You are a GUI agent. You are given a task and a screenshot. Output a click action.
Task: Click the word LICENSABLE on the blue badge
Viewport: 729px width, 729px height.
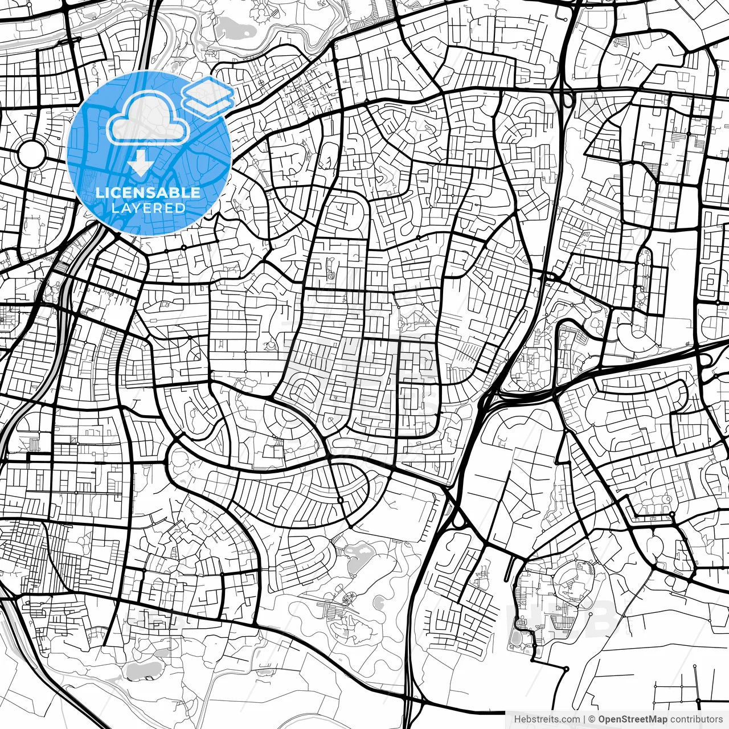(148, 193)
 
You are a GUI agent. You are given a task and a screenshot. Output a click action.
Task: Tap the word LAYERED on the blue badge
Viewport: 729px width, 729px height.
(148, 208)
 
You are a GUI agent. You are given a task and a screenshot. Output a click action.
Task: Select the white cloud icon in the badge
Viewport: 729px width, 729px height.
(148, 118)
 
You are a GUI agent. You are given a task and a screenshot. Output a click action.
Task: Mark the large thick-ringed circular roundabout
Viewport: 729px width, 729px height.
(31, 153)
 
